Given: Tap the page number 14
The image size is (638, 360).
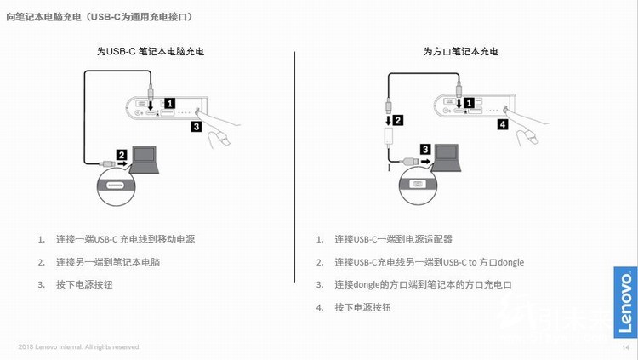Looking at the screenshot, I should (625, 347).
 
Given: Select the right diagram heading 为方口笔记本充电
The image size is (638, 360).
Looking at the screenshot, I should (460, 51).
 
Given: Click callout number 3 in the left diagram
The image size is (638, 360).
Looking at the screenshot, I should (196, 127).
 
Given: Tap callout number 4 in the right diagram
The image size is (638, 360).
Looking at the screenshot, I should (502, 124).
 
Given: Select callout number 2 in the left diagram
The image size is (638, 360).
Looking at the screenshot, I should (122, 155).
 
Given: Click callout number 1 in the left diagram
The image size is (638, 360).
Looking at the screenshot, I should (169, 103).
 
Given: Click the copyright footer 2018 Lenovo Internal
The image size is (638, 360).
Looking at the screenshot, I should (79, 347).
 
